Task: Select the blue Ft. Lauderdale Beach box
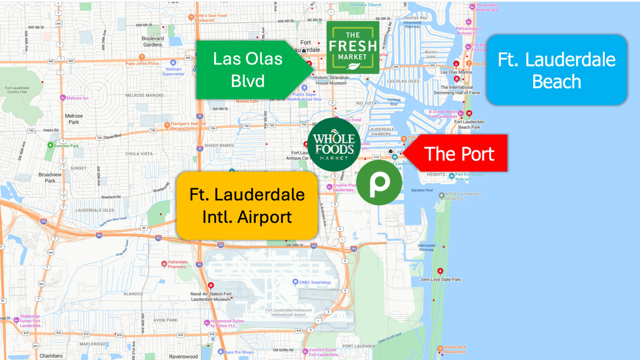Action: [x=556, y=70]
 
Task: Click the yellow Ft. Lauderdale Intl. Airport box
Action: [x=247, y=206]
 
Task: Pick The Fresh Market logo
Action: [x=352, y=47]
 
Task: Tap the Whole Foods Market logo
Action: [x=334, y=145]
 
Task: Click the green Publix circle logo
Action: [x=379, y=182]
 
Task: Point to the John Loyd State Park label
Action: [x=440, y=279]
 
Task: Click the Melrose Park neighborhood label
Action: [x=74, y=119]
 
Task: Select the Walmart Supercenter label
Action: [x=173, y=72]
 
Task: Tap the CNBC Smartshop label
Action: [x=314, y=282]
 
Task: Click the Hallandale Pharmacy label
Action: [x=177, y=264]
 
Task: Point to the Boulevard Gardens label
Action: [x=152, y=42]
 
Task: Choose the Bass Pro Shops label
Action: [x=239, y=352]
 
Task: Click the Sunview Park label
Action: [x=66, y=146]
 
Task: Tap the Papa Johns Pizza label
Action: [x=142, y=63]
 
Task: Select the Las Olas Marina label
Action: [x=456, y=72]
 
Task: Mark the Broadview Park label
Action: [x=50, y=177]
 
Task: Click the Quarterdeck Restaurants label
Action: [x=454, y=349]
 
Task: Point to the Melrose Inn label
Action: [x=77, y=98]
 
